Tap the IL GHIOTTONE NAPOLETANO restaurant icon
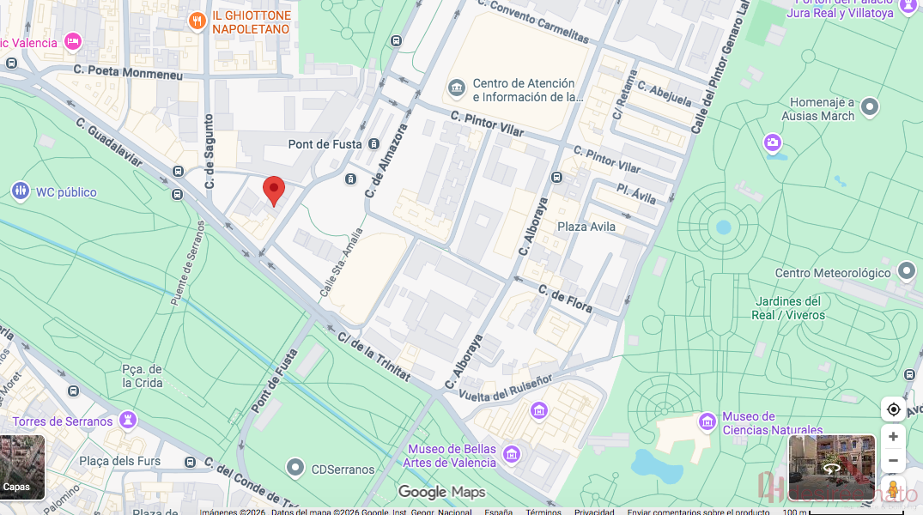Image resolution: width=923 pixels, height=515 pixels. pyautogui.click(x=197, y=21)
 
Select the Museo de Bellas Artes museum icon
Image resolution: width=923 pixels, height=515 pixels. pyautogui.click(x=512, y=453)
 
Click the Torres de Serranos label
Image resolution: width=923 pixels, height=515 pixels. pyautogui.click(x=63, y=421)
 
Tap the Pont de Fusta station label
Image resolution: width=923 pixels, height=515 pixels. pyautogui.click(x=324, y=144)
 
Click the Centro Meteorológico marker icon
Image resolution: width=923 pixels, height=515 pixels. pyautogui.click(x=907, y=272)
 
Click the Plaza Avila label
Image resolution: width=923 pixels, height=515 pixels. pyautogui.click(x=586, y=227)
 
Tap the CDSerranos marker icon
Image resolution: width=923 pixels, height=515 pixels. pyautogui.click(x=296, y=468)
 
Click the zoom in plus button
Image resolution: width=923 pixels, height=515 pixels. pyautogui.click(x=893, y=437)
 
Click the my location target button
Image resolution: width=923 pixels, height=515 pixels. pyautogui.click(x=893, y=409)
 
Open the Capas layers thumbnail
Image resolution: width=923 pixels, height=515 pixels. pyautogui.click(x=22, y=468)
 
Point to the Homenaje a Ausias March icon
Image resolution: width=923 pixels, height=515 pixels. pyautogui.click(x=870, y=107)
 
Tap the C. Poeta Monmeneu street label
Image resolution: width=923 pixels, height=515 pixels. pyautogui.click(x=128, y=73)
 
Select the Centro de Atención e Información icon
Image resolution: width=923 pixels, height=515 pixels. pyautogui.click(x=457, y=88)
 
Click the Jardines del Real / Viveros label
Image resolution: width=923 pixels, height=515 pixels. pyautogui.click(x=788, y=308)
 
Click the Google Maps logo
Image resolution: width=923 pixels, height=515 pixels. pyautogui.click(x=441, y=492)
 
